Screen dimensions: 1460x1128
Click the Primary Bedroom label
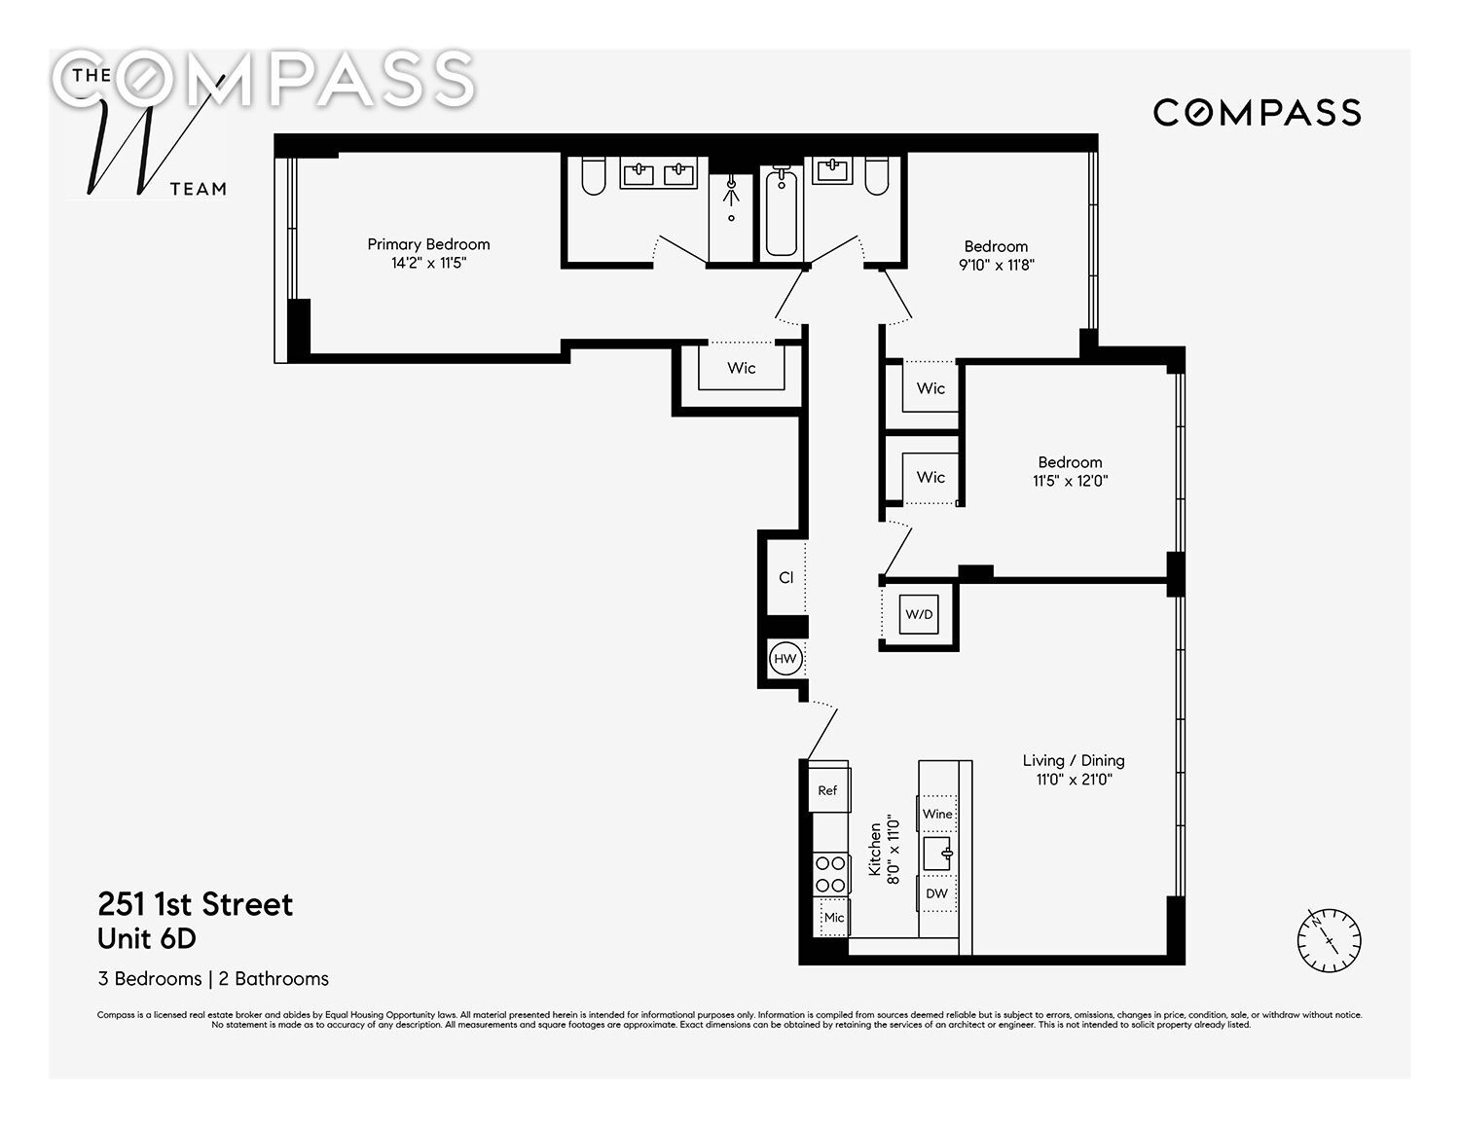coord(428,244)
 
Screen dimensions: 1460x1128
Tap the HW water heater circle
coord(785,658)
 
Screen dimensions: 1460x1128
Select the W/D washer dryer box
coord(919,614)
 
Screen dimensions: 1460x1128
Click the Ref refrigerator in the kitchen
coord(828,790)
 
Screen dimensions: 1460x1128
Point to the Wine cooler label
coord(937,814)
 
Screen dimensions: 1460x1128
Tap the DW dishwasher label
coord(936,893)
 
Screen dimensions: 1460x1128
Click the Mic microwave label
coord(834,917)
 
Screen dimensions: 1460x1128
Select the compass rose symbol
coord(1329,940)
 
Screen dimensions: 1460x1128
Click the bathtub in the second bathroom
coord(782,210)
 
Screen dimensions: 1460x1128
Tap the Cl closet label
coord(785,577)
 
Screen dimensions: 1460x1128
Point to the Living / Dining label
coord(1073,760)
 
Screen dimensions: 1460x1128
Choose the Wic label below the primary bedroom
coord(741,368)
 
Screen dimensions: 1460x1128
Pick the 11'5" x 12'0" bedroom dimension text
coord(1070,481)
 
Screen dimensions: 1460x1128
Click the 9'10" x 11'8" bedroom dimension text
coord(996,265)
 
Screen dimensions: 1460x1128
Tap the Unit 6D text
coord(146,938)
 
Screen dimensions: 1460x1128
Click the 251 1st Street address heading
coord(195,904)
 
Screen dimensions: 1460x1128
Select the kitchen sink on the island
coord(938,854)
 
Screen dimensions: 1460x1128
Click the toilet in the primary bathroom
coord(594,175)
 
